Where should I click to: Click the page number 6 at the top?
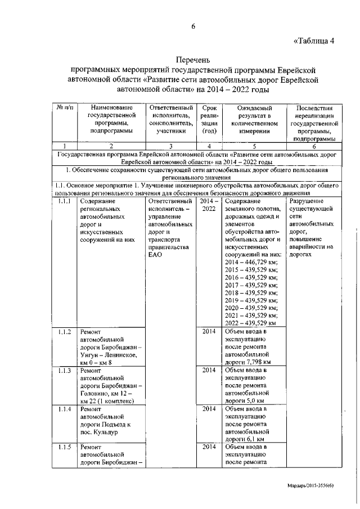193,26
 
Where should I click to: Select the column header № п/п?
65,108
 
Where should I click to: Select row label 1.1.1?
65,201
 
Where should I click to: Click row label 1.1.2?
65,332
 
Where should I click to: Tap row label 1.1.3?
65,371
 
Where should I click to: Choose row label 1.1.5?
65,448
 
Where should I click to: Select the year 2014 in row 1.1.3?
209,371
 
